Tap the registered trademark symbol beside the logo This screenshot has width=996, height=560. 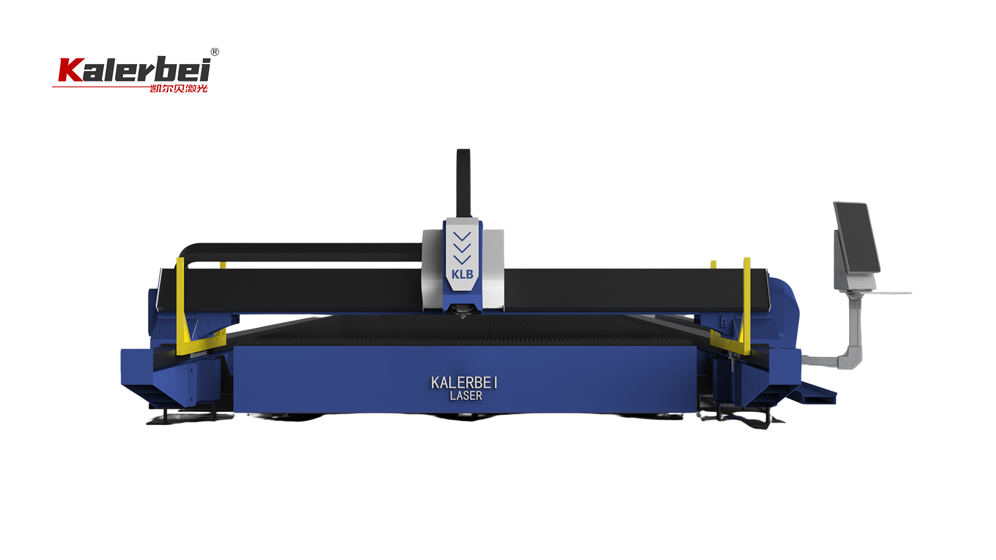point(215,52)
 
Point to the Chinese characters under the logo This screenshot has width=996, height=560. point(179,88)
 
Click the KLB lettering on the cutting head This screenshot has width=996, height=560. point(462,274)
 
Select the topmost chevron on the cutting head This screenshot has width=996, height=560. point(462,236)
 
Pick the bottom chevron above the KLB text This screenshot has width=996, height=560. point(462,259)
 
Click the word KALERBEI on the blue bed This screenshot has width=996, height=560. point(464,382)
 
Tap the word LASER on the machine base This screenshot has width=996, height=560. point(466,396)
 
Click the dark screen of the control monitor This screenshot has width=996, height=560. point(857,236)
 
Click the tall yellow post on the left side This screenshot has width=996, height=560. point(181,305)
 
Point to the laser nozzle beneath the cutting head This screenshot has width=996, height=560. point(463,315)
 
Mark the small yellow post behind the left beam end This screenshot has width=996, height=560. point(223,265)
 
